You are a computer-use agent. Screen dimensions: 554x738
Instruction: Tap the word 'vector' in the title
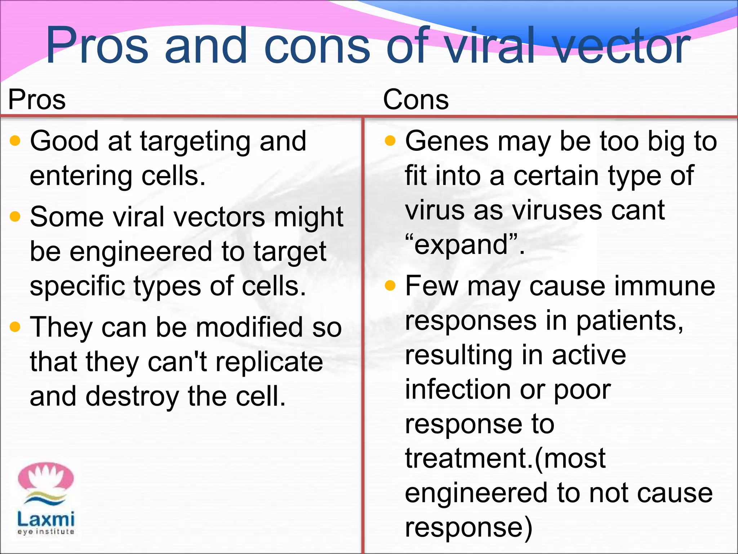(622, 46)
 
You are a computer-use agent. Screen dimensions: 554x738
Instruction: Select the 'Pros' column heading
(37, 100)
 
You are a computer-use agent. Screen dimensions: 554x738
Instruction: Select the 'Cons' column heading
(416, 100)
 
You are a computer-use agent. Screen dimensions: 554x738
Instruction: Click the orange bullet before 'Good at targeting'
(15, 141)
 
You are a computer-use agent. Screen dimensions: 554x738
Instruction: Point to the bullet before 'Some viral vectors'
(15, 217)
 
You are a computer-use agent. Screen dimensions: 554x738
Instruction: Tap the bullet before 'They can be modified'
(15, 327)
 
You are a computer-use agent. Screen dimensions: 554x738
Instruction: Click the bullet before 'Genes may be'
(390, 141)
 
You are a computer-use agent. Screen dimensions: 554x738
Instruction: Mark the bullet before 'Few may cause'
(390, 286)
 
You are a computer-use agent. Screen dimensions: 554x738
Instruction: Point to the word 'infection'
(458, 390)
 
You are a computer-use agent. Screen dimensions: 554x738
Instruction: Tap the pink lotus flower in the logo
(46, 477)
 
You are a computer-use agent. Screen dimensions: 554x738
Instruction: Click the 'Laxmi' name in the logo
(46, 519)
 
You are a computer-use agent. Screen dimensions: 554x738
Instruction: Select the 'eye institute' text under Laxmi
(46, 532)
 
